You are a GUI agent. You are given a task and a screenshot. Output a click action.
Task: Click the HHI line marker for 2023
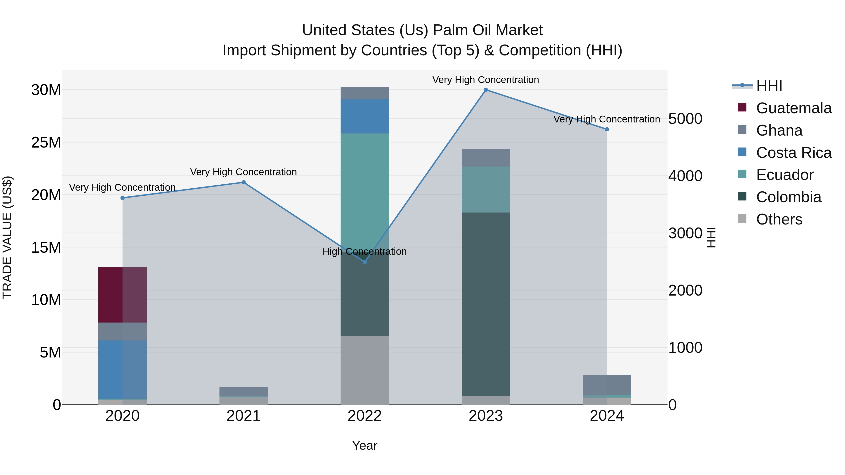point(486,90)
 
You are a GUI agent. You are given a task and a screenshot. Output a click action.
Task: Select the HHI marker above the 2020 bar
point(123,198)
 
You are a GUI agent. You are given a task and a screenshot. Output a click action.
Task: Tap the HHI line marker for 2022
point(365,262)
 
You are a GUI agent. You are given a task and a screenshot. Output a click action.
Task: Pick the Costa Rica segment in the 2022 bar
point(365,116)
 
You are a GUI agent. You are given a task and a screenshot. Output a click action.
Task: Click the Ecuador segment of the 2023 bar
point(486,190)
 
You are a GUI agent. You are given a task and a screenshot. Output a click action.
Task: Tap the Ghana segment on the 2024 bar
point(607,385)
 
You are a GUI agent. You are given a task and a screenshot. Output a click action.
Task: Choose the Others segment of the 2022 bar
point(365,370)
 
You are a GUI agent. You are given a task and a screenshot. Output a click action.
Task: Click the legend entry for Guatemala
point(794,108)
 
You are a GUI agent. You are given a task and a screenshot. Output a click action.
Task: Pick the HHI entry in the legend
point(769,86)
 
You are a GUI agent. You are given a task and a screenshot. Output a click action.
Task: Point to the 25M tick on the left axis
point(46,142)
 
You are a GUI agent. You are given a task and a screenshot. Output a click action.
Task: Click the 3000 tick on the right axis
point(685,233)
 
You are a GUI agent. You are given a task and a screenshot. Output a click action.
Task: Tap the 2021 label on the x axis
point(243,416)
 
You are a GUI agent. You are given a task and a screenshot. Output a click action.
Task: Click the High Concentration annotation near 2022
point(365,251)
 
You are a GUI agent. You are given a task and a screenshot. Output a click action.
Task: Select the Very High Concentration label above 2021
point(243,172)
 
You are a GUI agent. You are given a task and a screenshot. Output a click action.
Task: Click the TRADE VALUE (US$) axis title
point(7,237)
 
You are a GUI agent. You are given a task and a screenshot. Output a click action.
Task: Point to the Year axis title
point(365,445)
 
